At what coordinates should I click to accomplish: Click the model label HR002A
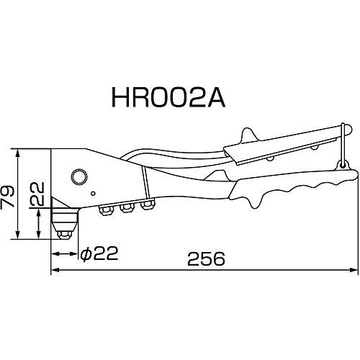click(x=168, y=98)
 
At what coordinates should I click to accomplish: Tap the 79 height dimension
click(x=7, y=197)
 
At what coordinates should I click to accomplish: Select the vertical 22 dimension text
click(x=37, y=194)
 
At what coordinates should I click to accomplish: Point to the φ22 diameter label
click(x=99, y=253)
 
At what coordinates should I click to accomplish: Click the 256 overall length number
click(x=206, y=258)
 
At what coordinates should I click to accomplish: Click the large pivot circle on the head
click(x=79, y=177)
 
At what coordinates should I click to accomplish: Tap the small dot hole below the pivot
click(x=94, y=194)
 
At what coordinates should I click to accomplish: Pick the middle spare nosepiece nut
click(x=127, y=207)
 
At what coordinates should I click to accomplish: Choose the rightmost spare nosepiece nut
click(x=148, y=204)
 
